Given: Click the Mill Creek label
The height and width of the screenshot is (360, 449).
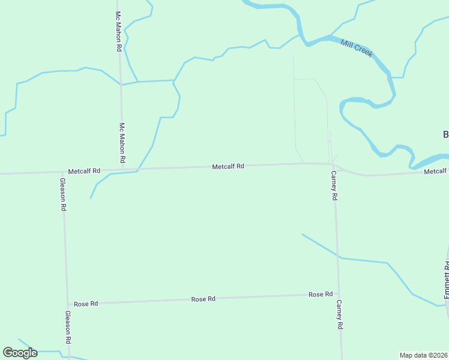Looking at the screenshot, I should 357,48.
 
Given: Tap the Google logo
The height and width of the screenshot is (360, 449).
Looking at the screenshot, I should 20,353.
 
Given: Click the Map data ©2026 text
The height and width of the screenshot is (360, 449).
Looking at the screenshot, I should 423,355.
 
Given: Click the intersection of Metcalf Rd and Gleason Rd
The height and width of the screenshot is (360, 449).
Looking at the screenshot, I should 62,173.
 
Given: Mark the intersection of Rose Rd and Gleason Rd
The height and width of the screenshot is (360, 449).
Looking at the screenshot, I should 67,304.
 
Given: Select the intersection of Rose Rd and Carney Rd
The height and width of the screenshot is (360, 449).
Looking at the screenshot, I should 337,294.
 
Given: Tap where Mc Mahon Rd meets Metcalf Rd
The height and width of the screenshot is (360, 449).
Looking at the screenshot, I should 122,170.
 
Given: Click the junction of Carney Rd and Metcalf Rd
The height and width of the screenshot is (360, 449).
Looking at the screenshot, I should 333,164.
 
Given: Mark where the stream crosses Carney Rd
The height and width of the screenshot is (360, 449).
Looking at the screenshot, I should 339,257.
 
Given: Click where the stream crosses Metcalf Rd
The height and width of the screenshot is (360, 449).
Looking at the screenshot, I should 138,170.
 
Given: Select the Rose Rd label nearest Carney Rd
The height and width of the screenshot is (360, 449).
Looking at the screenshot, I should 321,295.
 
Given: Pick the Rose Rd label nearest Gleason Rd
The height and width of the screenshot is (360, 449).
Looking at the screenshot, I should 86,304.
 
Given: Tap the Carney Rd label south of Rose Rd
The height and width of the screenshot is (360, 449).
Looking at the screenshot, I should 339,314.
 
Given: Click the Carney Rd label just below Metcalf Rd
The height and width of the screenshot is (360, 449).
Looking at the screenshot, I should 334,185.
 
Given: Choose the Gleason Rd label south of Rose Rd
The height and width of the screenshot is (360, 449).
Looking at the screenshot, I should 68,327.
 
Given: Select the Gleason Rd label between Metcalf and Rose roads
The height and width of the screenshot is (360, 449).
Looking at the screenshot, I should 63,194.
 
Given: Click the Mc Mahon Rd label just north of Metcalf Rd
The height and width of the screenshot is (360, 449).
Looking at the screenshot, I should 122,143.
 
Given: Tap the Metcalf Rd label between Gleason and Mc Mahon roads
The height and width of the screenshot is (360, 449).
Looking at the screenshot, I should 84,171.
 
